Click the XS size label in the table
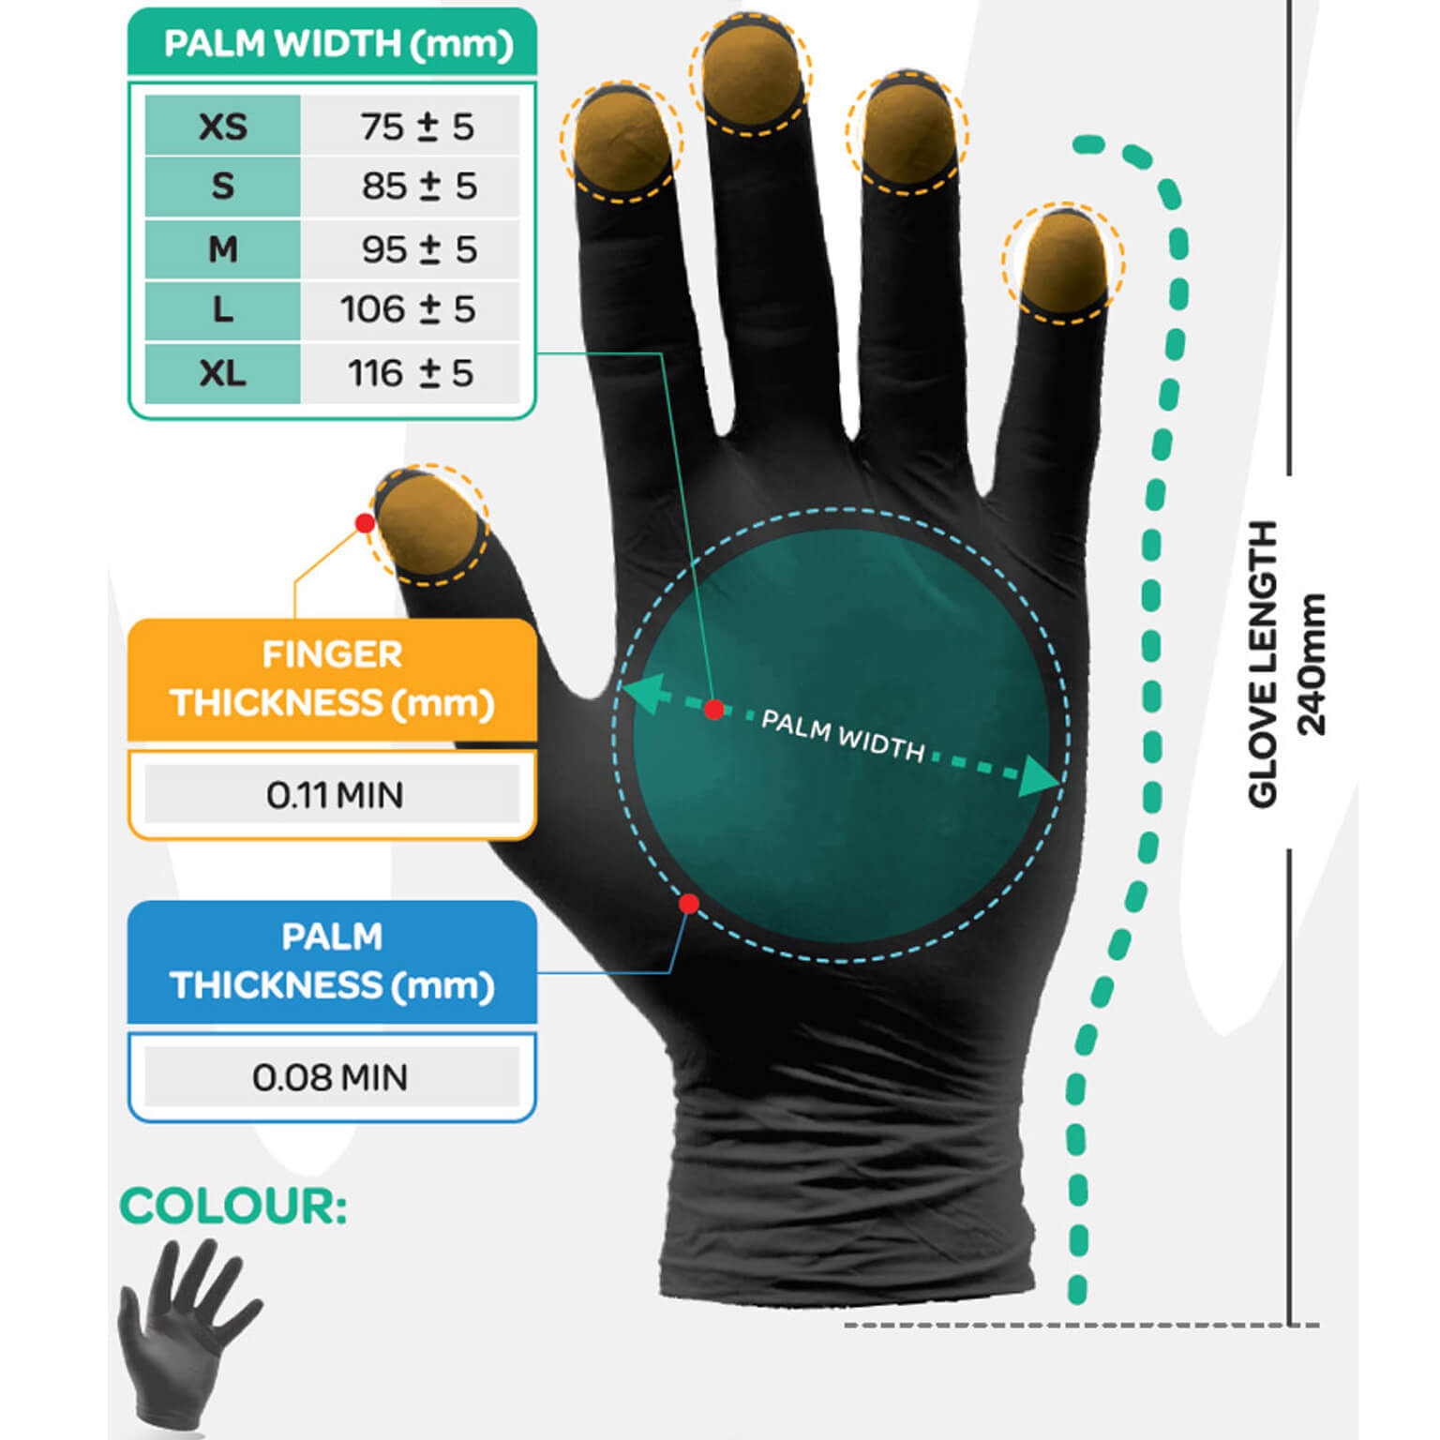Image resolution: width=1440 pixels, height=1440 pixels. point(223,127)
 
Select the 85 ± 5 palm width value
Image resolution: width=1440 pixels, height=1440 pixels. point(420,187)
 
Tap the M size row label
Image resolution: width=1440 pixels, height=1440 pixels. point(223,249)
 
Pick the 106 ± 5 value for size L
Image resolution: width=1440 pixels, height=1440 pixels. point(408,309)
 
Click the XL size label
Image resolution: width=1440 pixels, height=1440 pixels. point(223,373)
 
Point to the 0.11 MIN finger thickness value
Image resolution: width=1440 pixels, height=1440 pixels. point(335,796)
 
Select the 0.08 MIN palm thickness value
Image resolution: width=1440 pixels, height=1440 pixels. point(330,1078)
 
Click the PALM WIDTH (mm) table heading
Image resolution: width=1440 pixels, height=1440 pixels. point(338,44)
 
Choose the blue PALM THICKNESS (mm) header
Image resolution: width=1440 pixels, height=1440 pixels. point(332,962)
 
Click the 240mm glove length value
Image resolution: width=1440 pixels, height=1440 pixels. point(1312,664)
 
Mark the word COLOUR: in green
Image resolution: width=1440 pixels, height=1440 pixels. point(233,1206)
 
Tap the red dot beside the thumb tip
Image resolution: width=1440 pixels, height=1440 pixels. point(366,523)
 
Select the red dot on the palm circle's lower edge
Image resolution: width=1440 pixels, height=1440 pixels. point(689,904)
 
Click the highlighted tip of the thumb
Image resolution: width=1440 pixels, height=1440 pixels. point(428,524)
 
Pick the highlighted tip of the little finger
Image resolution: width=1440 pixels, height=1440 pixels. point(1063,262)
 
